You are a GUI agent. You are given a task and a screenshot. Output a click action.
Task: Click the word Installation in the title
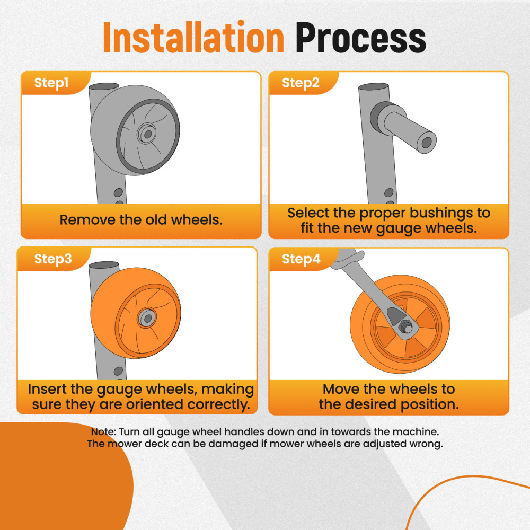193,37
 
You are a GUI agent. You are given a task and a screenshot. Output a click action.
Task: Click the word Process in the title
360,38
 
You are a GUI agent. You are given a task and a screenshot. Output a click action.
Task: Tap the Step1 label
51,83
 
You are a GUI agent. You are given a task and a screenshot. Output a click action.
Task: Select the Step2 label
301,83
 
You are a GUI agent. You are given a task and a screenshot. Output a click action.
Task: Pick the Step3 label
53,259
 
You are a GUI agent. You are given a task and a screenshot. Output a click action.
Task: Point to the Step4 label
301,259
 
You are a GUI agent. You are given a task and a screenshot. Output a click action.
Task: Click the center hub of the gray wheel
147,134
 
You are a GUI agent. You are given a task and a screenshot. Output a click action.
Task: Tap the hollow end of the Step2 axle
427,142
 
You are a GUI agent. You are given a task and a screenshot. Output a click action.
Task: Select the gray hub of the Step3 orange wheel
147,317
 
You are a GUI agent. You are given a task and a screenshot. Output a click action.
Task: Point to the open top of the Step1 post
104,86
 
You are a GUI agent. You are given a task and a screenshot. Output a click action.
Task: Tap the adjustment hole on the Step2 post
388,193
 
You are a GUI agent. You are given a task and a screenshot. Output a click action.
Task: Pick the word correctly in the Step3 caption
218,404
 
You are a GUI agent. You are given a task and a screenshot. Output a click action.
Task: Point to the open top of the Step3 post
104,265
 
